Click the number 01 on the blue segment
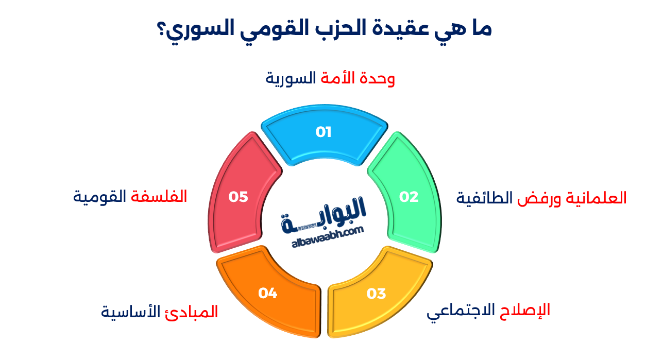coord(324,132)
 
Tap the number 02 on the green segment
coord(409,197)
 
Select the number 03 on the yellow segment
coord(376,294)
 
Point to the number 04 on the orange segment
coord(268,294)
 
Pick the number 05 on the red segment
coord(239,197)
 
